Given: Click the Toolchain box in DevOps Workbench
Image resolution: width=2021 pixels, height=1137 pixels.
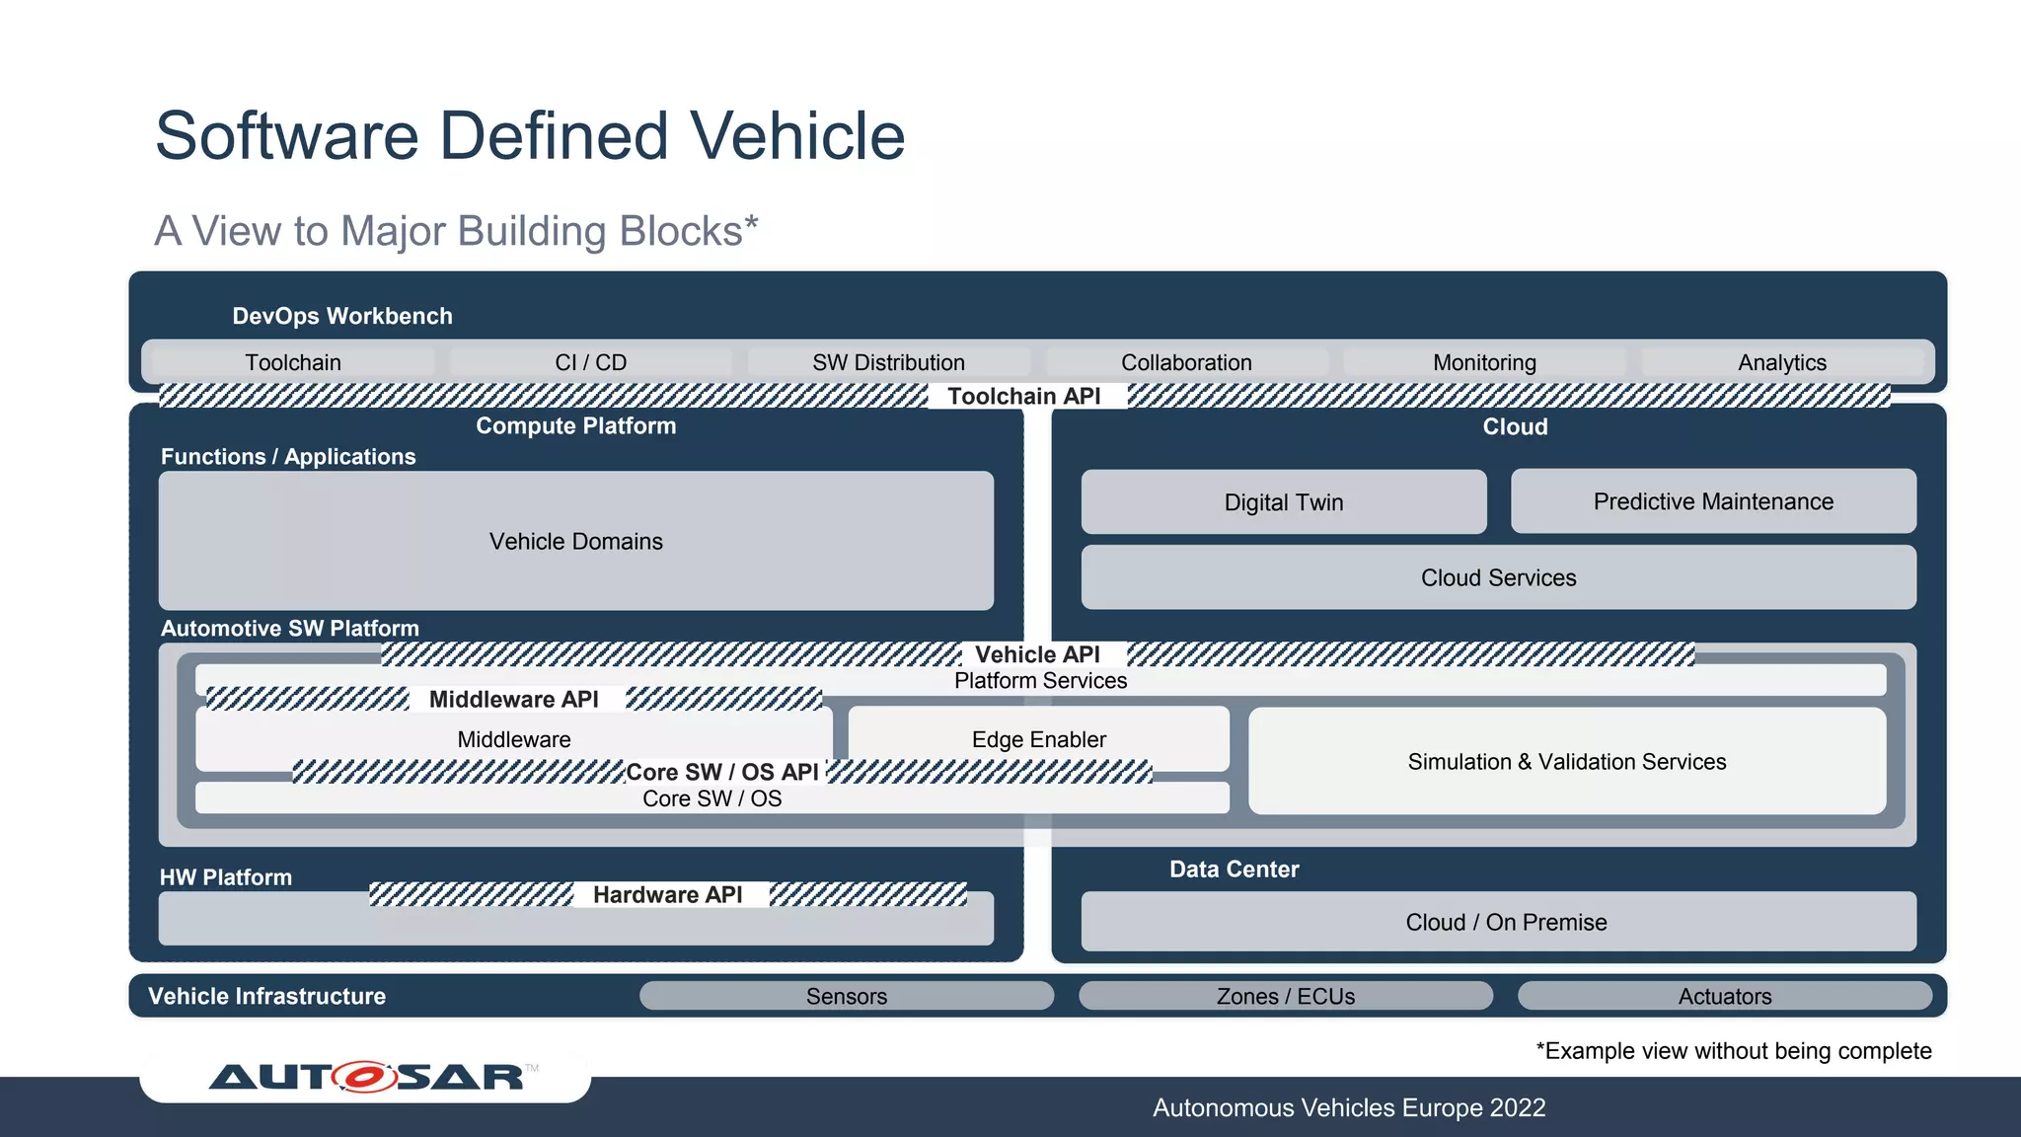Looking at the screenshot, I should pos(293,362).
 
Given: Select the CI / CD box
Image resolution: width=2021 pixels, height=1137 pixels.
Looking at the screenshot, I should pos(590,362).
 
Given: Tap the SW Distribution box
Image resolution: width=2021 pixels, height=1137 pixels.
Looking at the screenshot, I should pos(888,362).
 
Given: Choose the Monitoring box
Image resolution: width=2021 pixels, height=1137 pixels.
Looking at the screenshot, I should pos(1484,362).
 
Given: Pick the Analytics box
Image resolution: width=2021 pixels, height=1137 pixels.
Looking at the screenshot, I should pos(1781,362).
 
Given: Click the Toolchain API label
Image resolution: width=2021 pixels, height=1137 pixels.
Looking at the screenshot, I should pos(1024,396).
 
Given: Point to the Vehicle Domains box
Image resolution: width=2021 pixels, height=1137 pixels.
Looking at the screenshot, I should pos(576,541).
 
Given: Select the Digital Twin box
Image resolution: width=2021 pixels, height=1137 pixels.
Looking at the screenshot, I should pos(1283,501).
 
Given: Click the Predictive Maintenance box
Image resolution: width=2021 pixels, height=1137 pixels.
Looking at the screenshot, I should pos(1713,501).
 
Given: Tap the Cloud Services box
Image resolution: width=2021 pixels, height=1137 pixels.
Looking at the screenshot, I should pos(1498,577).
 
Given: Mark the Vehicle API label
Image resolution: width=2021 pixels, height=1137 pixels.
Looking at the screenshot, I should pos(1037,654).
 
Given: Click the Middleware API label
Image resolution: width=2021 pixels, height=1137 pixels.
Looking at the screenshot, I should pos(513,699).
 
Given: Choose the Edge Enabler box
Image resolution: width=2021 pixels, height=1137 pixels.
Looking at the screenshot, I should pos(1038,739).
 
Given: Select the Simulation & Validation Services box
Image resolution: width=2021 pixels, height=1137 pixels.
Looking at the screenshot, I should pos(1567,761).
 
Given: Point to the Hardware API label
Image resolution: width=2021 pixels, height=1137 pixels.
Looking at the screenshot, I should pos(667,894).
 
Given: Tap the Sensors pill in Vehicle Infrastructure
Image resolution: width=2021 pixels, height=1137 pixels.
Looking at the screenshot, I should pos(846,996).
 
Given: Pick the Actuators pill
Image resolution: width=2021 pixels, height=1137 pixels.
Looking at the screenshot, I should pos(1724,996).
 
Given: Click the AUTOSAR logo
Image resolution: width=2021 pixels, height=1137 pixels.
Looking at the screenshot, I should pos(367,1076).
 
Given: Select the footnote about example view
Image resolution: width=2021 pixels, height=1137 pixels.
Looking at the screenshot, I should pos(1733,1051).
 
